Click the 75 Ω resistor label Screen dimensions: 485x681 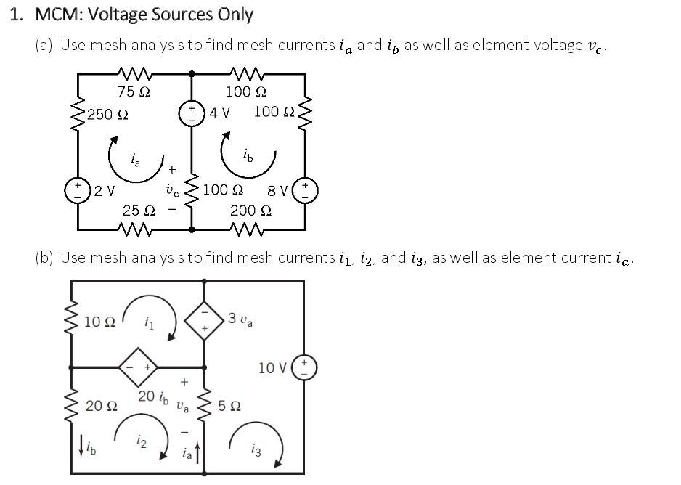(x=134, y=92)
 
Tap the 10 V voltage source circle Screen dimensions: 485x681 (x=305, y=367)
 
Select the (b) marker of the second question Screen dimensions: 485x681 (x=45, y=258)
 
